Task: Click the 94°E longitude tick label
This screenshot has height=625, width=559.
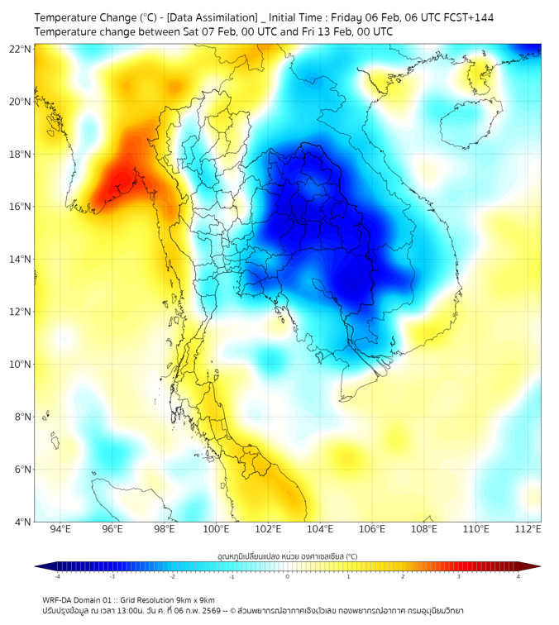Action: [60, 529]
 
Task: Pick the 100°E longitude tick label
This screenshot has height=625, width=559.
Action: [216, 529]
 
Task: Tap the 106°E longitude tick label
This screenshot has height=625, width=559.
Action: [372, 529]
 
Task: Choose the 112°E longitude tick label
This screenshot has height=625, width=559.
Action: [528, 529]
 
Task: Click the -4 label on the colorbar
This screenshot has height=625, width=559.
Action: [56, 576]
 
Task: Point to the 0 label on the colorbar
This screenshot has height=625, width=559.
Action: [288, 576]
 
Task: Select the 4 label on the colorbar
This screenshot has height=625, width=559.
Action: [518, 576]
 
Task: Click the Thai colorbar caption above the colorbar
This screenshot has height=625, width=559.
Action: [287, 556]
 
